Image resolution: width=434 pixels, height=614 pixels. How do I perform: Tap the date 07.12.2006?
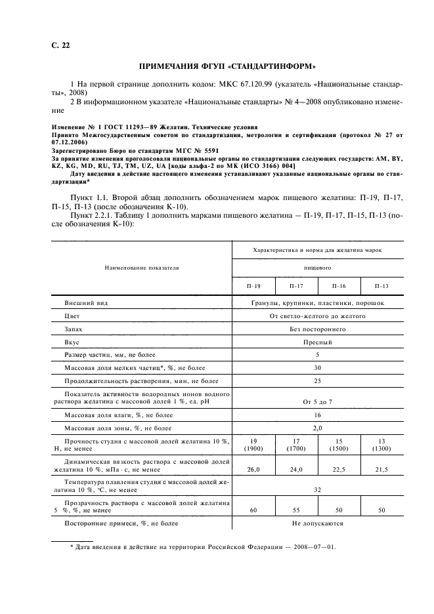(x=69, y=142)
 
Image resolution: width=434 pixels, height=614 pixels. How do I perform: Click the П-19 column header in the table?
(x=253, y=286)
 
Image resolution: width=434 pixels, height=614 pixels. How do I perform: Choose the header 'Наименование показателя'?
(x=140, y=268)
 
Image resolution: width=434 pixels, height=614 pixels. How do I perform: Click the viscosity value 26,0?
(x=253, y=469)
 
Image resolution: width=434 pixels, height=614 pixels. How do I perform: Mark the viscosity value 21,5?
(x=381, y=469)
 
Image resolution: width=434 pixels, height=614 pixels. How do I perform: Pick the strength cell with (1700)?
(x=295, y=449)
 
